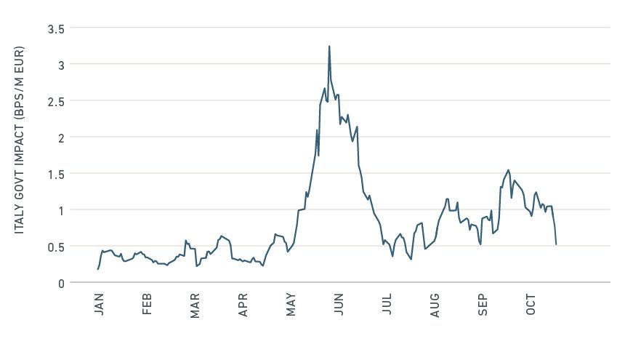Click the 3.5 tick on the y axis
tap(56, 29)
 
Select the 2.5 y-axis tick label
tap(56, 101)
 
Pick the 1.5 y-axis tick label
tap(56, 174)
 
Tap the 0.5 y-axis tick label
tap(56, 247)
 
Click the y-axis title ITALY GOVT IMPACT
tap(20, 156)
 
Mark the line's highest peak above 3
tap(329, 47)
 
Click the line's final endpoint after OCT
tap(556, 244)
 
